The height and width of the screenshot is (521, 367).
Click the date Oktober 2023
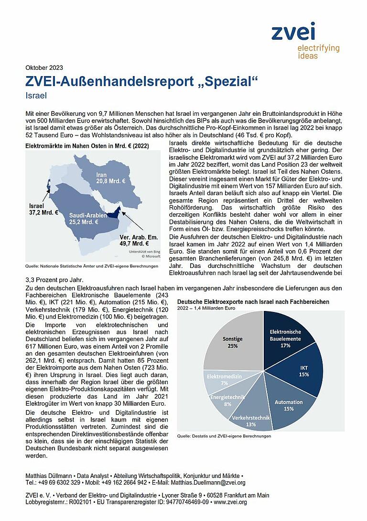tap(44, 67)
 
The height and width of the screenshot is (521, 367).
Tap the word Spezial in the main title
tap(224, 81)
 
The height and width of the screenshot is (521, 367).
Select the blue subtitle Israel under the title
tap(36, 96)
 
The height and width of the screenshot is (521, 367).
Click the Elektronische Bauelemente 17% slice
tap(285, 338)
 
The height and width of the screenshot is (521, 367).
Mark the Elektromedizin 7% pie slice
tap(223, 379)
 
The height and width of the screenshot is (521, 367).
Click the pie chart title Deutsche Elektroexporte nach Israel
tap(253, 302)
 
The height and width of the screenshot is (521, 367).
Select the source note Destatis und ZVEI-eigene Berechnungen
tap(224, 436)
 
